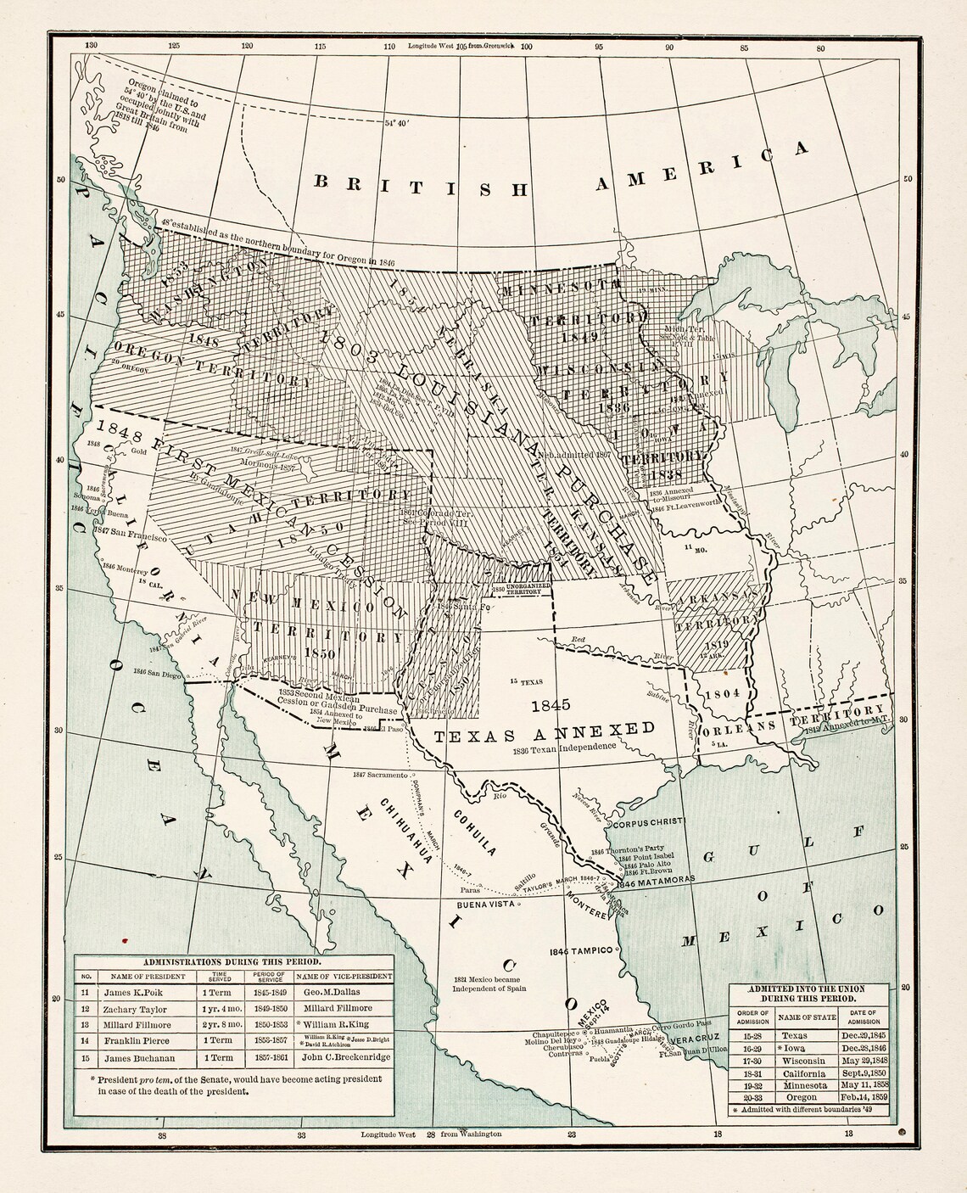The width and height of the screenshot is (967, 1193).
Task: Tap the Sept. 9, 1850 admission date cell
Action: (x=860, y=1073)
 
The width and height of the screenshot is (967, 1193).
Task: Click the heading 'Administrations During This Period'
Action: (x=232, y=961)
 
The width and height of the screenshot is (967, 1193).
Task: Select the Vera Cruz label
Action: (x=694, y=1039)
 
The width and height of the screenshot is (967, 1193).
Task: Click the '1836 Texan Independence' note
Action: (x=563, y=748)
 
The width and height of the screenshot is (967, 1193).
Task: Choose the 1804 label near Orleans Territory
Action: (x=723, y=693)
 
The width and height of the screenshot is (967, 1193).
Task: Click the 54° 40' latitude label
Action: (x=397, y=122)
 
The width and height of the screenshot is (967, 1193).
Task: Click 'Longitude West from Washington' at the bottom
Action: (x=431, y=1134)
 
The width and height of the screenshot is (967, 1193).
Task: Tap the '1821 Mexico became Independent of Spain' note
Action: (x=489, y=983)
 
